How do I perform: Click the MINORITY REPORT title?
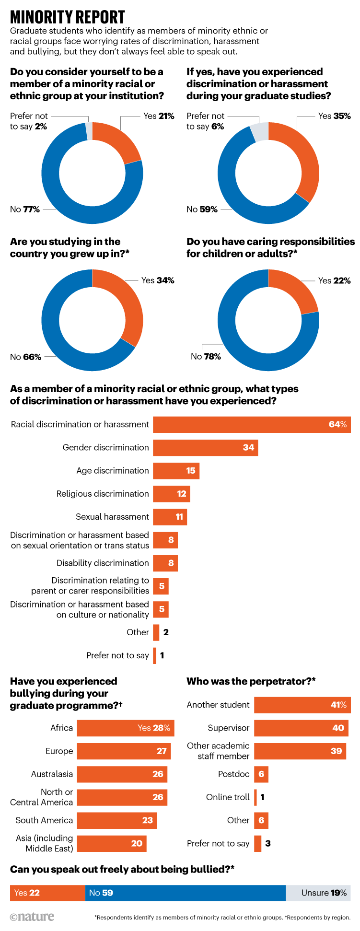[x=68, y=17]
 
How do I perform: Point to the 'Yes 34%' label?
[x=158, y=280]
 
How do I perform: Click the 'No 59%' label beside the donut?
[x=202, y=209]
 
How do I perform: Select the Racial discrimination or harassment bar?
[x=252, y=425]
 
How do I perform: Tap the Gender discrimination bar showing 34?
[x=205, y=448]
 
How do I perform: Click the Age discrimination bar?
[x=176, y=471]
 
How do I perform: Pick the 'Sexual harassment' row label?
[x=112, y=517]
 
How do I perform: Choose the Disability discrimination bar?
[x=165, y=563]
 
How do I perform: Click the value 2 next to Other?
[x=166, y=632]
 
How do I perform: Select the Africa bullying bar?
[x=125, y=728]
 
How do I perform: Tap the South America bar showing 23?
[x=116, y=821]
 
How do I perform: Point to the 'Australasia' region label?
[x=52, y=774]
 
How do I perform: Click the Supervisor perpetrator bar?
[x=301, y=728]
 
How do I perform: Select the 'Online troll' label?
[x=228, y=797]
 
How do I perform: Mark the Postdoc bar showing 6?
[x=261, y=774]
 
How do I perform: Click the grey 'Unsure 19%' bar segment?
[x=318, y=893]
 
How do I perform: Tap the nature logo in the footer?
[x=32, y=917]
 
